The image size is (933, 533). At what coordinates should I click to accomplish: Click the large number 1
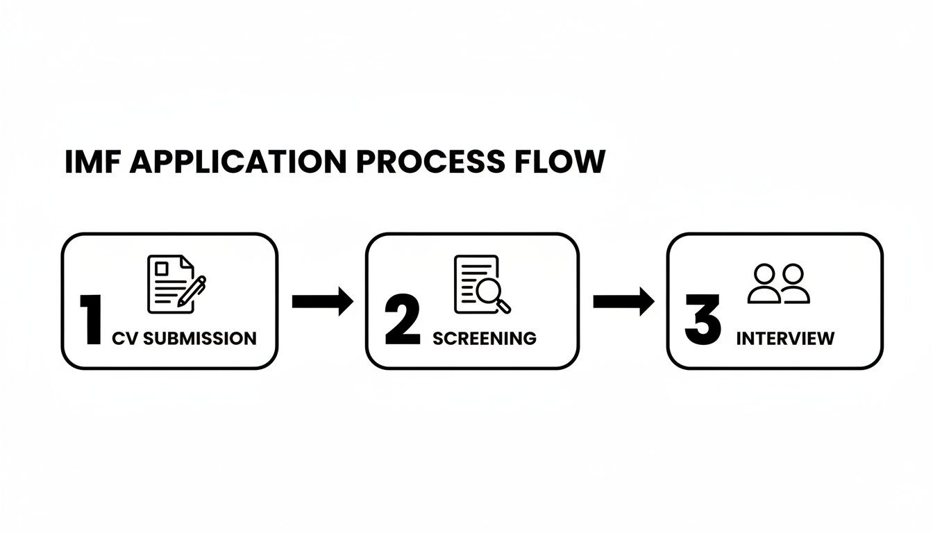tap(91, 320)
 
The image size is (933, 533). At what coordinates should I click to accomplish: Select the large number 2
tap(403, 320)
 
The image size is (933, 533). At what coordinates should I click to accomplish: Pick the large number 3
tap(703, 320)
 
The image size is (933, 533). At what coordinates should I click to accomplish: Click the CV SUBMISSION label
tap(184, 339)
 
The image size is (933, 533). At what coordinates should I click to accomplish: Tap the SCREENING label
tap(484, 339)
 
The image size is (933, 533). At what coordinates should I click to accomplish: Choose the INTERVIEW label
tap(785, 339)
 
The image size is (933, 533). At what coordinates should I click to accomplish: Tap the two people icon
tap(778, 284)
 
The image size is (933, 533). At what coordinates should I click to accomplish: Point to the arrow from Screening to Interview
tap(623, 301)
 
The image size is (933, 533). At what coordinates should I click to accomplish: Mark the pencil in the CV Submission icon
tap(192, 291)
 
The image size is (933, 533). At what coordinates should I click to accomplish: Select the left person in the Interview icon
tap(764, 284)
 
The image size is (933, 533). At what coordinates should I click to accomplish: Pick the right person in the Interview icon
tap(793, 284)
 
